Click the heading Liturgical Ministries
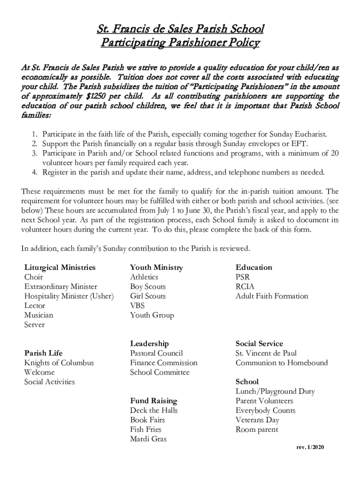[60, 268]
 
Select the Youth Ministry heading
[156, 268]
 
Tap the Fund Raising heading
[153, 401]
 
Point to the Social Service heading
[259, 344]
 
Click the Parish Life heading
[43, 353]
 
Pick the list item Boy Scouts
[148, 287]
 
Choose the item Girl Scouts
[148, 296]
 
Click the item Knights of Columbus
[59, 363]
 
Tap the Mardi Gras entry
[148, 439]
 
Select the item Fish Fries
[145, 429]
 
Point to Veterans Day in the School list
[257, 420]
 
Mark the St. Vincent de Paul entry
[266, 353]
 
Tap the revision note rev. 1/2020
[310, 448]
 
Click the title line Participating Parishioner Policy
[180, 44]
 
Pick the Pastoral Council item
[156, 353]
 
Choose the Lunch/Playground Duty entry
[275, 392]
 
